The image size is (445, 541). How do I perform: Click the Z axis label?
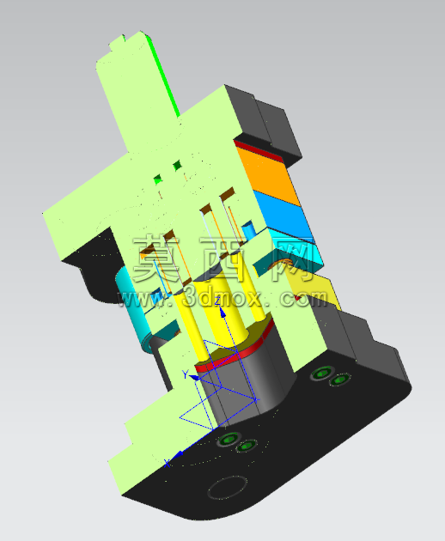(x=217, y=301)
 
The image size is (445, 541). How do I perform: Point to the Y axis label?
(x=186, y=374)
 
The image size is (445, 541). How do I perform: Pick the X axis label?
(x=168, y=464)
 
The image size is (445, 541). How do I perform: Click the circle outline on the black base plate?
(x=228, y=487)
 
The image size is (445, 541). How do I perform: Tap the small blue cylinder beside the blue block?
(x=248, y=230)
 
